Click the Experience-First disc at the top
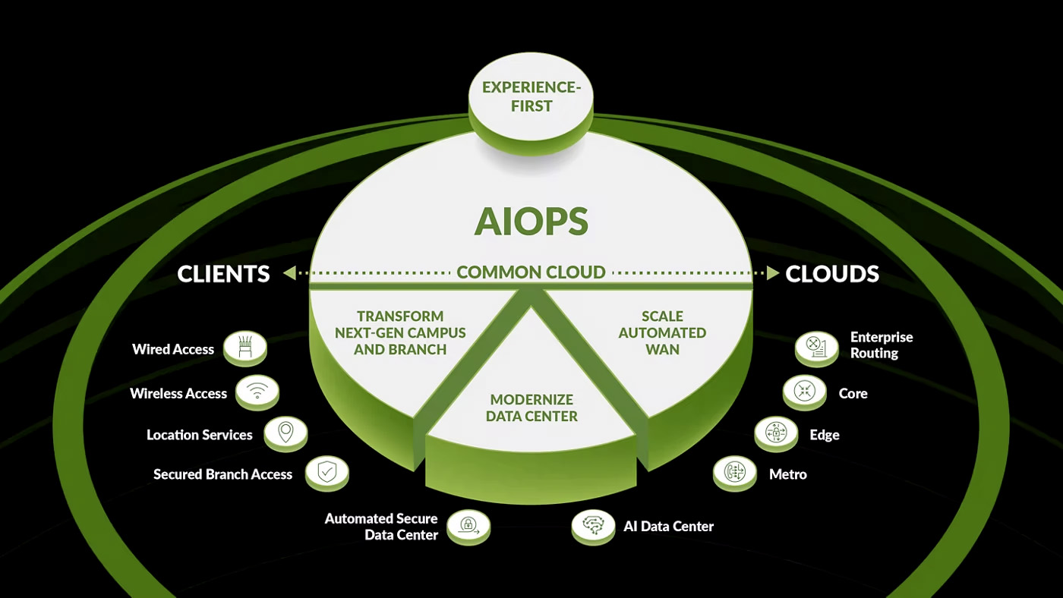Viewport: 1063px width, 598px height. tap(531, 97)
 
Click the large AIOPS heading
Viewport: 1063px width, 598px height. tap(531, 221)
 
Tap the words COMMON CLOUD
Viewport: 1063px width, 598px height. tap(531, 272)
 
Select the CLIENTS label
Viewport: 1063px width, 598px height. tap(223, 274)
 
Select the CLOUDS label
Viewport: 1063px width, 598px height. tap(832, 274)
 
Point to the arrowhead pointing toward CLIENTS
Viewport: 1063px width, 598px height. tap(289, 273)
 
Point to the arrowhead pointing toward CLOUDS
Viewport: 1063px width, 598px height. tap(772, 273)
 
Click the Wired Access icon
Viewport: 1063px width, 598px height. tap(245, 348)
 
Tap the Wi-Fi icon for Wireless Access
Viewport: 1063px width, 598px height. tap(257, 392)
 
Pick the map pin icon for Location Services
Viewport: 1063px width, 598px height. tap(285, 433)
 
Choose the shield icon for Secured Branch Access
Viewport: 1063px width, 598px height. tap(326, 472)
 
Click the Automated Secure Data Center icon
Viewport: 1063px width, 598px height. tap(468, 524)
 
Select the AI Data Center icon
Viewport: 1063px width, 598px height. tap(593, 524)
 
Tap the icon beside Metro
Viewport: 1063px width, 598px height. tap(734, 472)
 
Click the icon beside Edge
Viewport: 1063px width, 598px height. tap(776, 433)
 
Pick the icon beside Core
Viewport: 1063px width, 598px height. tap(804, 391)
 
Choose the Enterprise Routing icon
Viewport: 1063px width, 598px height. tap(816, 347)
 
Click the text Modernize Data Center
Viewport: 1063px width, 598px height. tap(531, 408)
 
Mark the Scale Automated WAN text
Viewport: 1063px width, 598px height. tap(662, 332)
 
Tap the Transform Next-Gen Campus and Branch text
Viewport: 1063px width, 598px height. tap(400, 332)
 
